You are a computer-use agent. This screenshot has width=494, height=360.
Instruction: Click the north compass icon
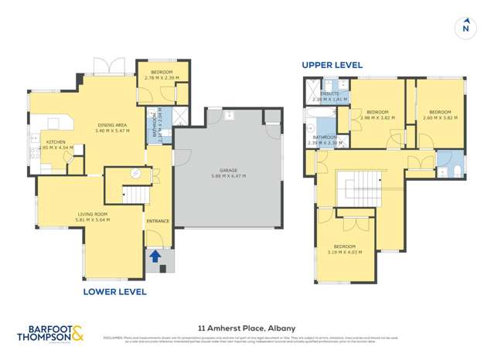(465, 28)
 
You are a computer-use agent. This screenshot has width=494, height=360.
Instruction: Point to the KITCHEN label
(56, 142)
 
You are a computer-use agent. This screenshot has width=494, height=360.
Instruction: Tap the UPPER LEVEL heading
(332, 66)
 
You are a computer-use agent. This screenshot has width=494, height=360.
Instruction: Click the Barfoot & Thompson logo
(53, 332)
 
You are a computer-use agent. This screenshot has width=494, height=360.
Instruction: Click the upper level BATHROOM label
(319, 138)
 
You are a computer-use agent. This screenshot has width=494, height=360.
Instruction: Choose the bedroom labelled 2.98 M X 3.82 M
(376, 114)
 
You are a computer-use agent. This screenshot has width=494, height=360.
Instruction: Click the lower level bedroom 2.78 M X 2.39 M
(162, 75)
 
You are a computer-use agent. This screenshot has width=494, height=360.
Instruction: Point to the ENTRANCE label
(158, 222)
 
